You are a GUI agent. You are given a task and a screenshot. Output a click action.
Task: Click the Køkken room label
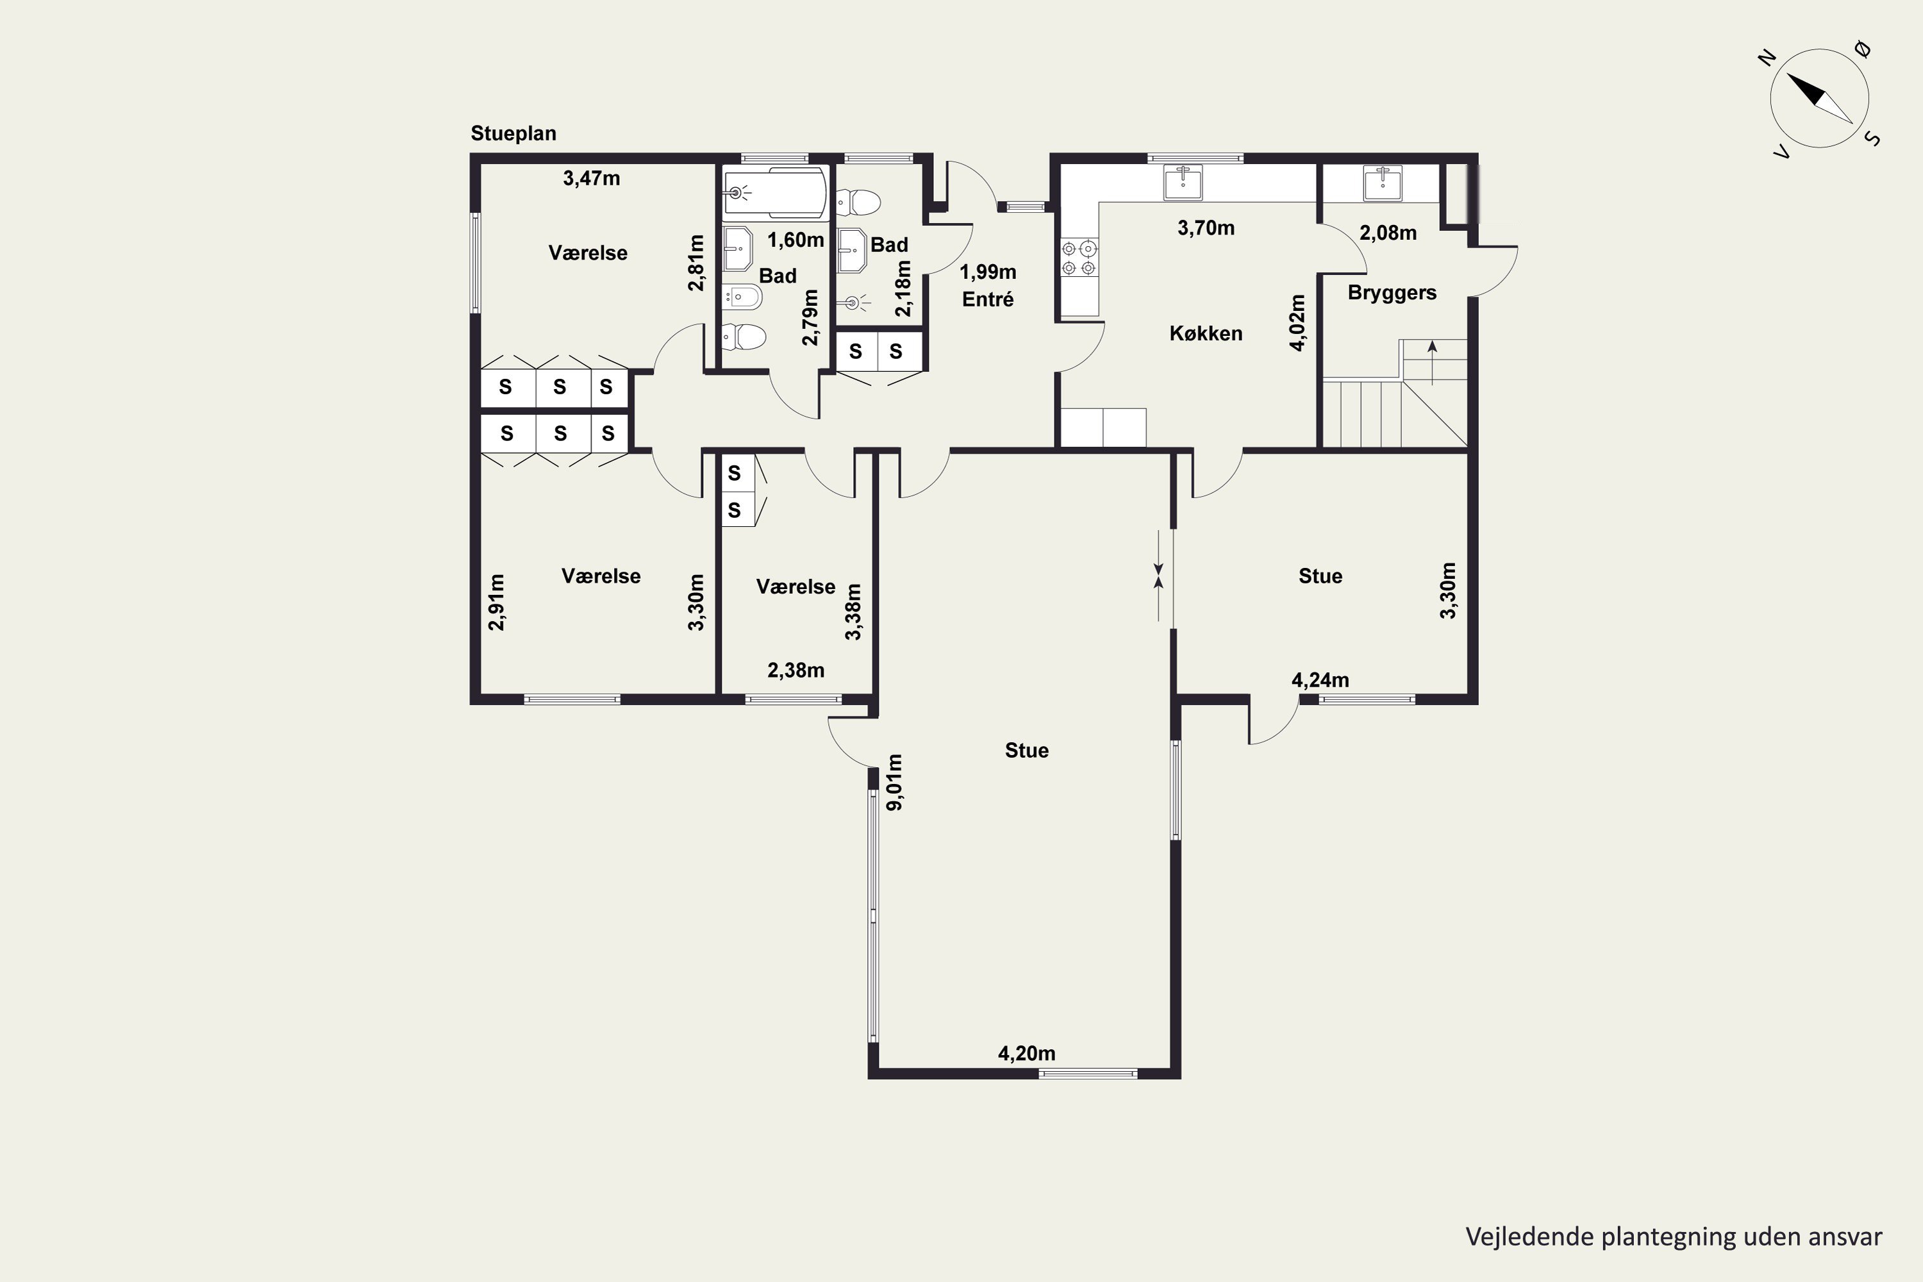pos(1206,333)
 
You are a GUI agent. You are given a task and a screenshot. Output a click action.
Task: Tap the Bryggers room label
pos(1392,293)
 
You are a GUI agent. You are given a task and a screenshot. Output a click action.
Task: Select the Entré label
pos(988,299)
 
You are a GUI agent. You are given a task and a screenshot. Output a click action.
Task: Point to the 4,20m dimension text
pos(1026,1053)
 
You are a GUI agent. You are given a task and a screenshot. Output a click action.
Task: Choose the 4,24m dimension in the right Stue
pos(1320,680)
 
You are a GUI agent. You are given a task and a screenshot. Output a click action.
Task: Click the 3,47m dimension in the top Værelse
pos(591,178)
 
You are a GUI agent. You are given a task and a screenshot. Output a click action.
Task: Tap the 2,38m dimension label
pos(795,670)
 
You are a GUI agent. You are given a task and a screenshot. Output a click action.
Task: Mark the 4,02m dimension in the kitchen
pos(1297,323)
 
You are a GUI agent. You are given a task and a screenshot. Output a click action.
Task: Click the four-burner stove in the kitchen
pos(1079,258)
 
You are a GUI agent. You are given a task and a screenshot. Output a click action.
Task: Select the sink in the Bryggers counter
pos(1383,183)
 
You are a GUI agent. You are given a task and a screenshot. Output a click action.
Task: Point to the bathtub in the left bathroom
pos(774,193)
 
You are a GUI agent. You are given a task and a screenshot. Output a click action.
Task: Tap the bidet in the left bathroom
pos(742,297)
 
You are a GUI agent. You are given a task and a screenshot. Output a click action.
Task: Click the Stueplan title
pos(513,133)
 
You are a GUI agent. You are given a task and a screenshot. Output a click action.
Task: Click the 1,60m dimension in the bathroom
pos(795,240)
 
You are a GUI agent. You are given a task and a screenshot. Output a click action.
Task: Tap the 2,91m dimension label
pos(496,603)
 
